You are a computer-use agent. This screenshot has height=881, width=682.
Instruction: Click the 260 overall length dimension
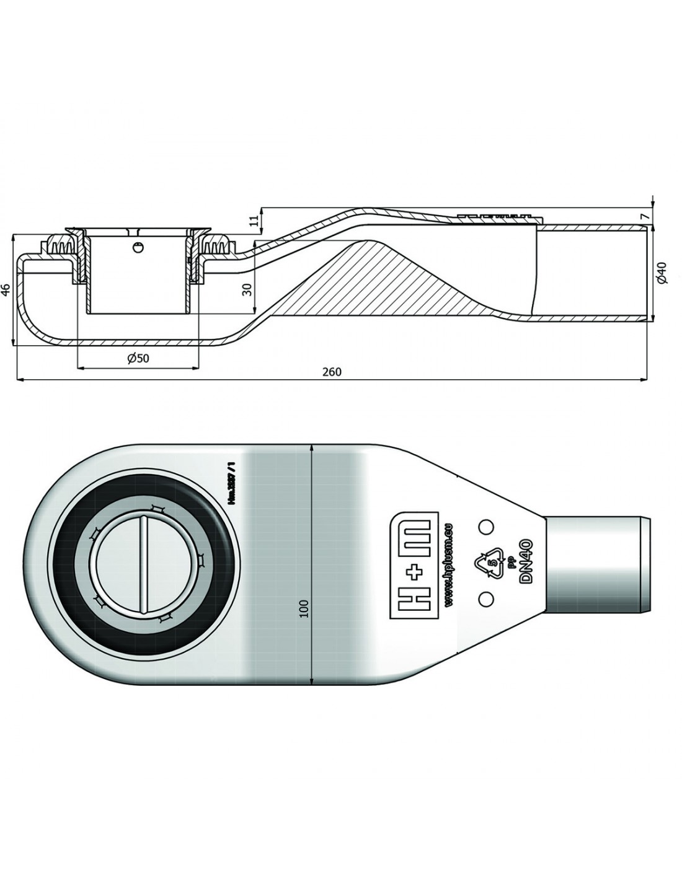[332, 372]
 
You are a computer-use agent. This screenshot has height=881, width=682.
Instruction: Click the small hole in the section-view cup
[138, 248]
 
